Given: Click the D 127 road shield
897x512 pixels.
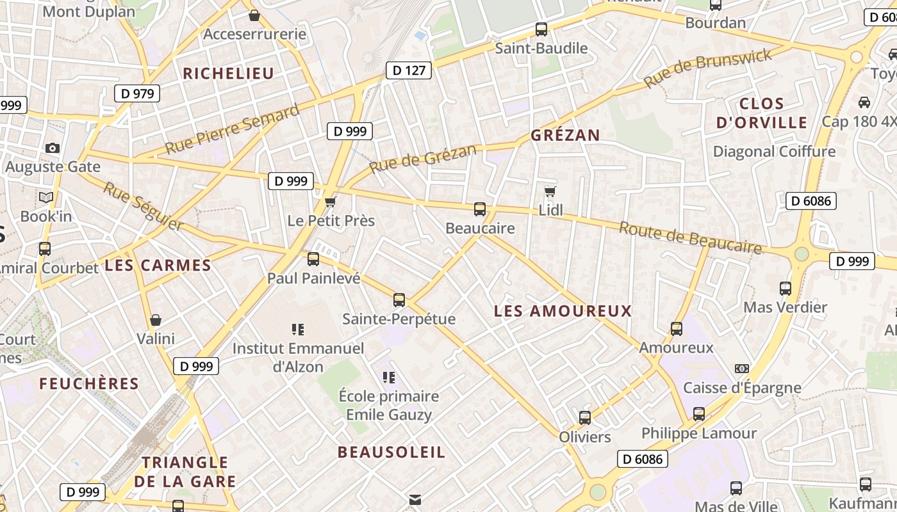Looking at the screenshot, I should coord(408,70).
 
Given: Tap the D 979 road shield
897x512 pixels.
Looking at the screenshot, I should coord(136,93).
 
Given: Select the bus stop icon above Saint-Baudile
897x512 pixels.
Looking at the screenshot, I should coord(541,29).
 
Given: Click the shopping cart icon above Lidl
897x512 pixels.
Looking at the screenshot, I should coord(550,191).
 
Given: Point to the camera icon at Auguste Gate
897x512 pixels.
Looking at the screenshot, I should coord(53,148).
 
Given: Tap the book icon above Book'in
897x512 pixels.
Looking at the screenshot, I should coord(46,197).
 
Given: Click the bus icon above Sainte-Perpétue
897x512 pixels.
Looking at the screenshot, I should coord(399,300).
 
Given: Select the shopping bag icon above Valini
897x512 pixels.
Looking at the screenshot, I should coord(155,319).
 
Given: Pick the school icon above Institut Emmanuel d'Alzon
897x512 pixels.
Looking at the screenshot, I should coord(298,330).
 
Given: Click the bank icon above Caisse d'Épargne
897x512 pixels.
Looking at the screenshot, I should coord(742,369).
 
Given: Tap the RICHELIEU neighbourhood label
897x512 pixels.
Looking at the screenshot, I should coord(229,74).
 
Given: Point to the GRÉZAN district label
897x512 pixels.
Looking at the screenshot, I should coord(565,135).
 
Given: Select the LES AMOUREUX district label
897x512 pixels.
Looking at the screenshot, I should coord(563,311).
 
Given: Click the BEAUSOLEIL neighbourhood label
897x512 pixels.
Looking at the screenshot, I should coord(391,452).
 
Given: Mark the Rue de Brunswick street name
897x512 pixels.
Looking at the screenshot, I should coord(708,68).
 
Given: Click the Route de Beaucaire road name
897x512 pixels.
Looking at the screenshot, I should coord(690,237).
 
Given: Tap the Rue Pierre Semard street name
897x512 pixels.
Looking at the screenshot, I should coord(233,129).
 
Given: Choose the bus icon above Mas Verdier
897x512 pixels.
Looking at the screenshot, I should coord(786,288).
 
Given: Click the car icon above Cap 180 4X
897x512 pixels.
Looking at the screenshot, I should coord(864,102).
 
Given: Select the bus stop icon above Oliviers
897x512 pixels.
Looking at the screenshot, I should coord(585,418).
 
